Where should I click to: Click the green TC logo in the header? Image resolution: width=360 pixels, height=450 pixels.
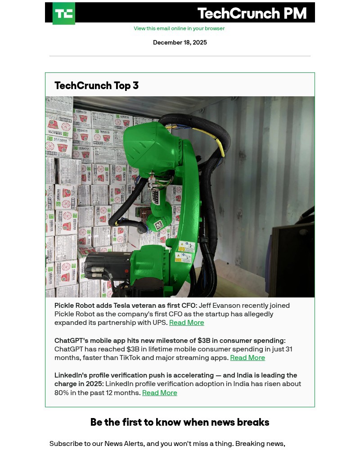(64, 13)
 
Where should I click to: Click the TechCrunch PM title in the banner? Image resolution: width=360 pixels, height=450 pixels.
(252, 13)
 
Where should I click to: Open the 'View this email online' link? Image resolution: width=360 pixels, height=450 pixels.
(179, 28)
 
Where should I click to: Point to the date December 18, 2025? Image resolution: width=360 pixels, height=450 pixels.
(180, 43)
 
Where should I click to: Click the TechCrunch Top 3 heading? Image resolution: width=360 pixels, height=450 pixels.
(96, 85)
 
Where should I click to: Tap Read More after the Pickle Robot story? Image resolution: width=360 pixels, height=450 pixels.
(186, 323)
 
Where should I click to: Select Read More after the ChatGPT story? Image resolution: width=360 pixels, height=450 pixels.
(247, 358)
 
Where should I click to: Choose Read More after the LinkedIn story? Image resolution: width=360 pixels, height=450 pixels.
(159, 393)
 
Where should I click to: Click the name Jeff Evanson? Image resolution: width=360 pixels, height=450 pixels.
(220, 306)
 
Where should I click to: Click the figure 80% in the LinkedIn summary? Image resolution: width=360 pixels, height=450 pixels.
(63, 393)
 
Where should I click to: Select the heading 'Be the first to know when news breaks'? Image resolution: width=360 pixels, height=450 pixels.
(180, 422)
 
